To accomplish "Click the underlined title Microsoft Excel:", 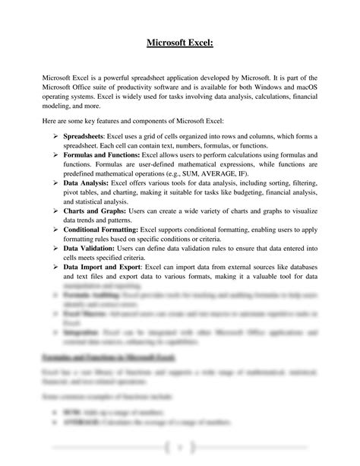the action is coord(179,43).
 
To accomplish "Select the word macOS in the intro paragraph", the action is coord(306,90).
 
